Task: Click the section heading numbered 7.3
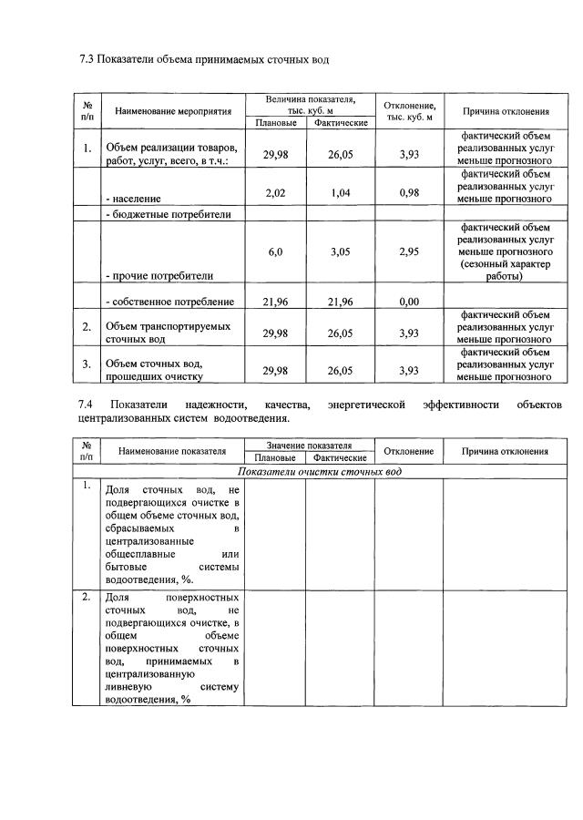[x=203, y=60]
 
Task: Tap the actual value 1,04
[x=340, y=192]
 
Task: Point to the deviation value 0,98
[x=409, y=192]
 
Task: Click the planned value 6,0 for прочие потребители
[x=275, y=251]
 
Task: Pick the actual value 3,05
[x=340, y=251]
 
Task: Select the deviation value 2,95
[x=409, y=251]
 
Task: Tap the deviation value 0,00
[x=409, y=302]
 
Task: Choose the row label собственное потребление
[x=169, y=302]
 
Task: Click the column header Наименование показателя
[x=170, y=451]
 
